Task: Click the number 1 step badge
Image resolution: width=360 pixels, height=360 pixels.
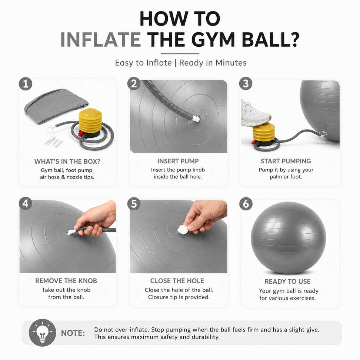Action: tap(26, 84)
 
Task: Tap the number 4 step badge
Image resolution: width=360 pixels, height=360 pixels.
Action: tap(26, 204)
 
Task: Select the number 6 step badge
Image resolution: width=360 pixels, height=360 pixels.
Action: tap(246, 204)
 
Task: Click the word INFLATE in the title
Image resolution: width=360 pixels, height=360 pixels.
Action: tap(101, 40)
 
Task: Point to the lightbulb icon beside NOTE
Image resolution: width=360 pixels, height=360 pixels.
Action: tap(42, 333)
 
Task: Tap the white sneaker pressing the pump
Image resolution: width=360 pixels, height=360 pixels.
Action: tap(255, 113)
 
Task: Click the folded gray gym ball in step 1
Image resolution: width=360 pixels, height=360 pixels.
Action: tap(56, 105)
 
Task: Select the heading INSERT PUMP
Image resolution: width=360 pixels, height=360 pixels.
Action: tap(178, 161)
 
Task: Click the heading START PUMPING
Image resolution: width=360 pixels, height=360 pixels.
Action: tap(286, 161)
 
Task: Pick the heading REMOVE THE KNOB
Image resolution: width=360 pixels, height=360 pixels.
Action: tap(66, 281)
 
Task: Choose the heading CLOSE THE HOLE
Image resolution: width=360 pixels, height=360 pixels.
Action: tap(177, 281)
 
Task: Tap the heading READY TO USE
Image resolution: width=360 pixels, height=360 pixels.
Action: tap(287, 281)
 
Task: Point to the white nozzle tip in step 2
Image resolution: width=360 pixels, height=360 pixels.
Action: tap(196, 119)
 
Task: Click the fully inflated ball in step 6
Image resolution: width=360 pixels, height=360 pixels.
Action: tap(289, 237)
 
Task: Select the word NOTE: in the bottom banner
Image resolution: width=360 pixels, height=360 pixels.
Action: tap(73, 333)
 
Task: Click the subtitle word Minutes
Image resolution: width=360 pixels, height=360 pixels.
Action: tap(231, 63)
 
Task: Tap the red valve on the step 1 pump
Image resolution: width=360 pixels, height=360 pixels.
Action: tap(80, 134)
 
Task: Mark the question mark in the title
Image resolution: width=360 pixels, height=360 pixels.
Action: tap(293, 40)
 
